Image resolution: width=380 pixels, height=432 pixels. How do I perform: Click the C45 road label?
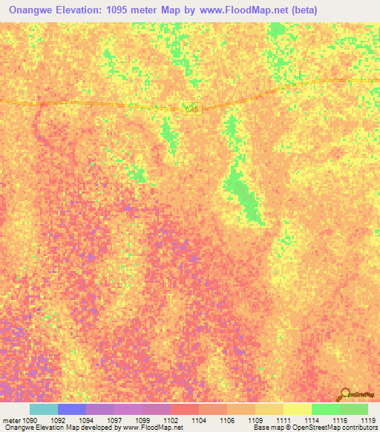[x=192, y=109]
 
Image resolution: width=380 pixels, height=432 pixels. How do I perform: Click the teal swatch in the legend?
[x=43, y=409]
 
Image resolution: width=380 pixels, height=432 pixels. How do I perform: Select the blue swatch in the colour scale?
[x=72, y=409]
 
